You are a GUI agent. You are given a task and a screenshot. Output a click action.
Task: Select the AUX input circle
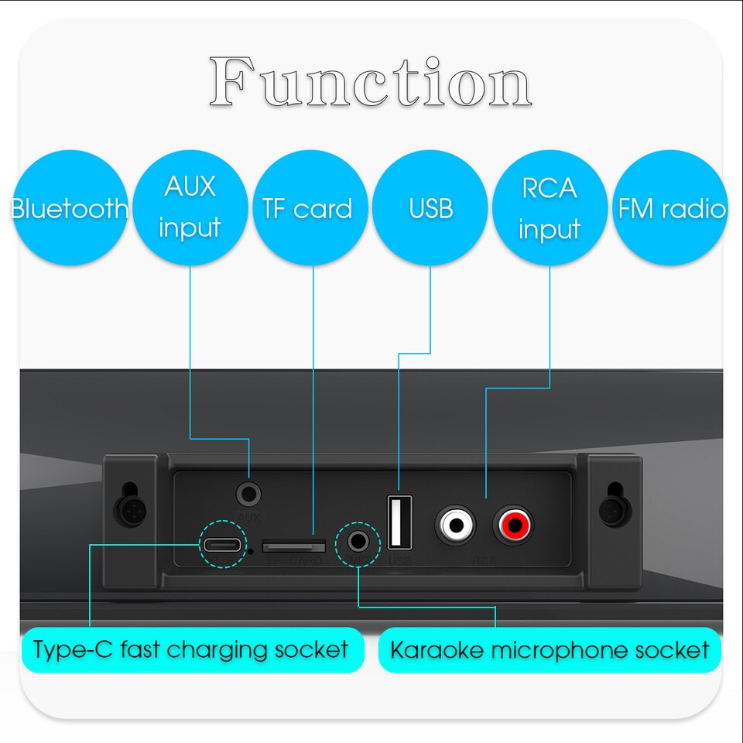(190, 207)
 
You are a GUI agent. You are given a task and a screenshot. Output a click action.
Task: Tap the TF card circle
(308, 207)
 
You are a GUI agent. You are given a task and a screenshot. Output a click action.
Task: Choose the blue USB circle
(430, 207)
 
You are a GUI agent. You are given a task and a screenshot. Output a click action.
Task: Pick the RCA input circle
(550, 207)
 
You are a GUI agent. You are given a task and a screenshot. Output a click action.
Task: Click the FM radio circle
(671, 207)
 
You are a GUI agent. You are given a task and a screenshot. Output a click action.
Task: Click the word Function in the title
(370, 82)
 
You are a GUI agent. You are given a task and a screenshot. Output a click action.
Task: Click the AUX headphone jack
(249, 493)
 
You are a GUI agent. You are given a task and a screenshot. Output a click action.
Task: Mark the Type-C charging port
(222, 544)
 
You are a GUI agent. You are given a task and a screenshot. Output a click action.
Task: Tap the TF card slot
(293, 546)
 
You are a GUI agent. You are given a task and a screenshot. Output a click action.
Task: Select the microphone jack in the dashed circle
(358, 541)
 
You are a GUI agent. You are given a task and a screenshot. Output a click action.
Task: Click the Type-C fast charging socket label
(191, 649)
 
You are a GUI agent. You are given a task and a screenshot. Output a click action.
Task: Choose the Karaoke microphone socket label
(550, 649)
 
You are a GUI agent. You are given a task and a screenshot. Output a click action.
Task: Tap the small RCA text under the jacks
(484, 560)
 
